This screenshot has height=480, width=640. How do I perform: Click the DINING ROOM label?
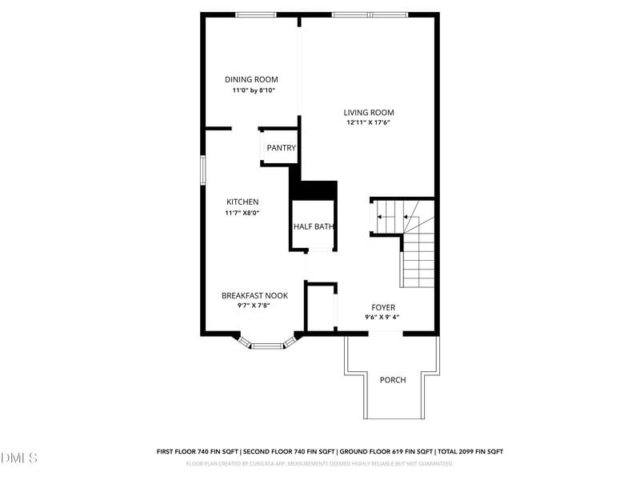(251, 79)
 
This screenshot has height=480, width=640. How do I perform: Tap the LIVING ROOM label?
(369, 113)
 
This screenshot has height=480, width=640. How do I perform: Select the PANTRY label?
(281, 148)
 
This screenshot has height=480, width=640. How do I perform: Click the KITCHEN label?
(242, 202)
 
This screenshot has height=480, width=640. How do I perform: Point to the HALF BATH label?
(313, 226)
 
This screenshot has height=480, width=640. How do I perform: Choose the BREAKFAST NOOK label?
(254, 295)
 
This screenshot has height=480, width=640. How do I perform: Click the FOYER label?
(383, 307)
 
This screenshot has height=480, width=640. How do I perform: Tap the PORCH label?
(392, 379)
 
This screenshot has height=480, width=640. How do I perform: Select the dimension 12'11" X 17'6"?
(369, 123)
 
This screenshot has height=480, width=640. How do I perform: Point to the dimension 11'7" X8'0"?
(242, 213)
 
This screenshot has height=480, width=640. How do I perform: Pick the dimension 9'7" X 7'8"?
(254, 306)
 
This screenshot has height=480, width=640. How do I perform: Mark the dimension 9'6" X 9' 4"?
(382, 318)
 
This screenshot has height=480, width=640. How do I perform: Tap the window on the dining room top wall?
(256, 14)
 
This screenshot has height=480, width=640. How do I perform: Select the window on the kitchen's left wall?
(202, 170)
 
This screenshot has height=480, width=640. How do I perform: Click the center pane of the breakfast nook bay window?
(268, 346)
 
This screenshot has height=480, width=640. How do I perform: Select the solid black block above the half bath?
(314, 190)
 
